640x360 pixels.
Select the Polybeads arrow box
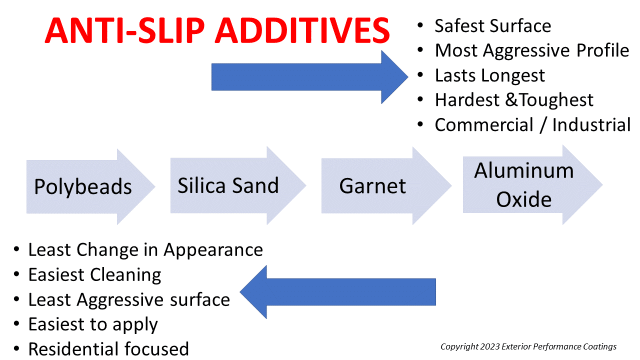click(x=83, y=186)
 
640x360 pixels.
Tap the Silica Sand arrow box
click(x=228, y=185)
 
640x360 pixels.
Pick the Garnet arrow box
click(x=373, y=185)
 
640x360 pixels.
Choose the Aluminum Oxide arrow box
click(x=524, y=185)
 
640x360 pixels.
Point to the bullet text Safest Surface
click(x=492, y=26)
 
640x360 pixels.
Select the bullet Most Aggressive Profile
click(x=531, y=50)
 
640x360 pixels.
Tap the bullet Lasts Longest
click(x=489, y=75)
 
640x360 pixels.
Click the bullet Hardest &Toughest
click(x=514, y=100)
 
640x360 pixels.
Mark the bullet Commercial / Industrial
click(x=532, y=124)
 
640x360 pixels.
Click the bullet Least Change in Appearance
click(x=145, y=249)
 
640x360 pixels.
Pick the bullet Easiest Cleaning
click(x=94, y=274)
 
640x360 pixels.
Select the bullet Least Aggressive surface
click(x=128, y=299)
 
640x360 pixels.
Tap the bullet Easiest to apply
click(x=93, y=324)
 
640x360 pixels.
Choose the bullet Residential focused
click(x=108, y=348)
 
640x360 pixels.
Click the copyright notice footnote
click(x=528, y=346)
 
